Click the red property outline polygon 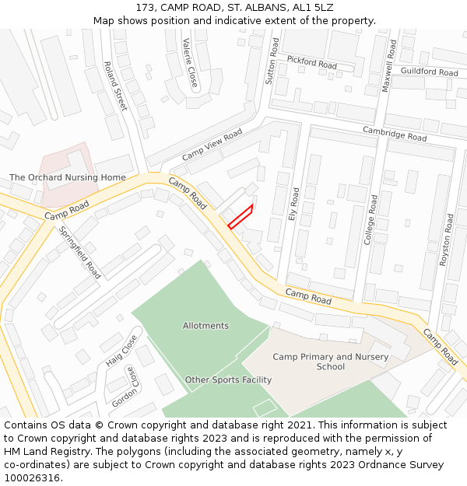[241, 217]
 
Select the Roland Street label [115, 86]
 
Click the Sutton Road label [272, 61]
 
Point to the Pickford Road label [311, 62]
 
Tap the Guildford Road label [429, 72]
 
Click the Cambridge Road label [395, 134]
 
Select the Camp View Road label [212, 145]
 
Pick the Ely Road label [294, 204]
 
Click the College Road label [371, 220]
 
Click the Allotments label [205, 326]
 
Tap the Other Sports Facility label [228, 380]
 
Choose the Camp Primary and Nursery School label [331, 362]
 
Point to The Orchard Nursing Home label [67, 177]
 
